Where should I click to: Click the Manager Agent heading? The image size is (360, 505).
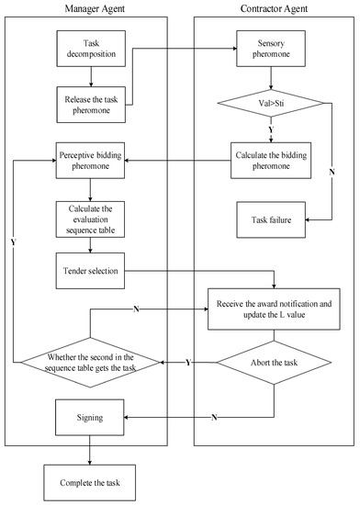click(89, 8)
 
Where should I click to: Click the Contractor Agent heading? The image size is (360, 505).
click(274, 8)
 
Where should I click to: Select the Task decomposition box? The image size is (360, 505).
click(89, 49)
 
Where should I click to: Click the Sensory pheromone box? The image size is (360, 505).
click(274, 49)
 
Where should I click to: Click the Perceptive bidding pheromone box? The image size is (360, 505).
click(89, 155)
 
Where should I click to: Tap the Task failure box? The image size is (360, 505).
click(274, 220)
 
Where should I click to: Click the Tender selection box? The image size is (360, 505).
click(89, 270)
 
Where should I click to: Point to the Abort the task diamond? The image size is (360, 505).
click(274, 365)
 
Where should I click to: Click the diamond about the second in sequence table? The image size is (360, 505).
click(89, 365)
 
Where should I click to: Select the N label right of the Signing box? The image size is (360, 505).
click(213, 418)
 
